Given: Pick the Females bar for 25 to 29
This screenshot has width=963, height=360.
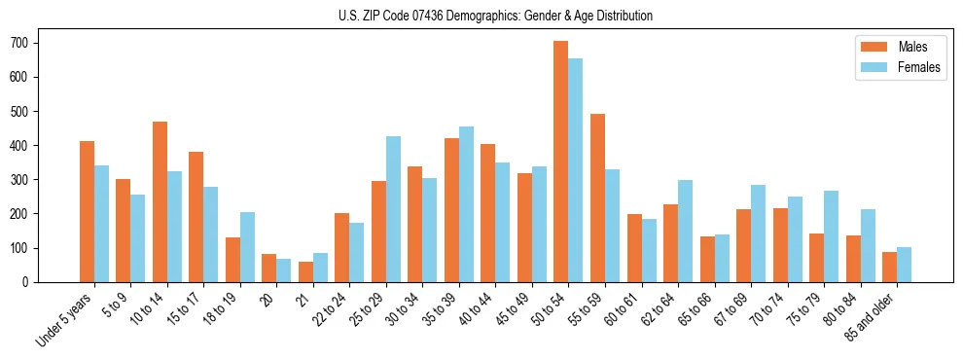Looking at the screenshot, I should (x=393, y=209).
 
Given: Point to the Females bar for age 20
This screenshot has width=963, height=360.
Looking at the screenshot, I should (x=284, y=270).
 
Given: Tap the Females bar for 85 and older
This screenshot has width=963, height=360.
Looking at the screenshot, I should (x=904, y=265).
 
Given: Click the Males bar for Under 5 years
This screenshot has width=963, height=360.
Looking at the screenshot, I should (x=87, y=211).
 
